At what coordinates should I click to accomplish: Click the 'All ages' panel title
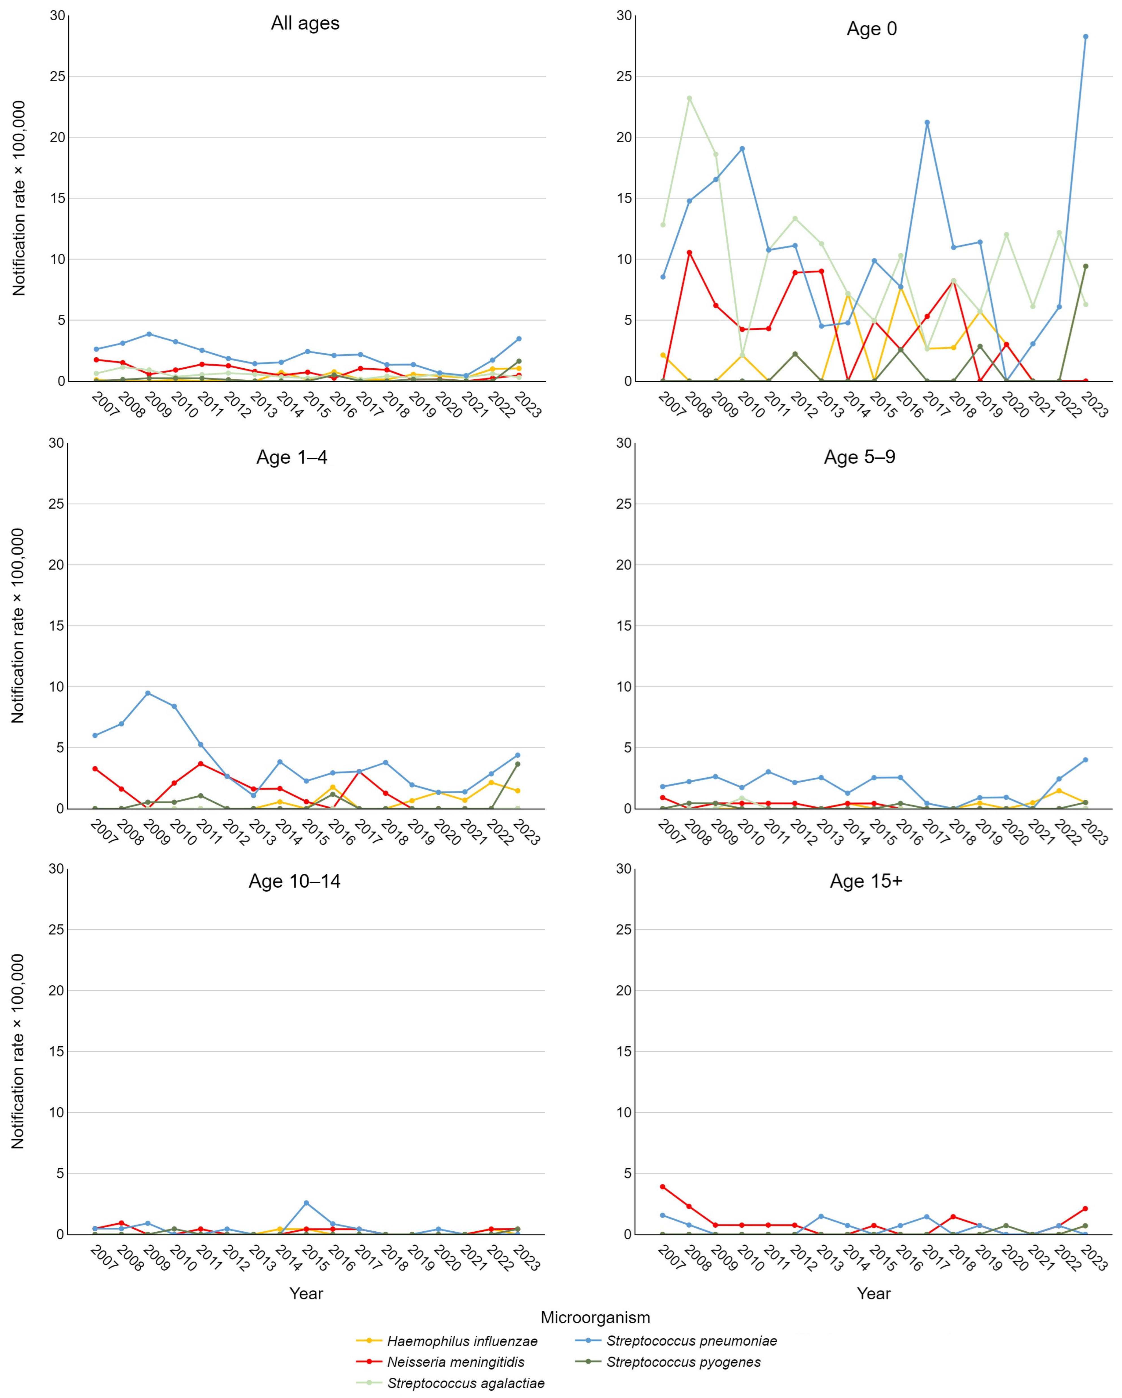click(305, 23)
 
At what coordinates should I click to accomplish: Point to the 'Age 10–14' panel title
click(294, 881)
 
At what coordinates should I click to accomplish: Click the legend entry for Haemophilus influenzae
click(462, 1341)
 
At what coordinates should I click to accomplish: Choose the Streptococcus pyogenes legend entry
click(683, 1362)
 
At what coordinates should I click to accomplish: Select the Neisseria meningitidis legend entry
click(455, 1362)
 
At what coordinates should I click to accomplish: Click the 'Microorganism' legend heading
click(595, 1317)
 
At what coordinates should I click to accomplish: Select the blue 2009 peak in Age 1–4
click(148, 693)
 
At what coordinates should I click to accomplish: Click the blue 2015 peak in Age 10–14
click(306, 1203)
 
